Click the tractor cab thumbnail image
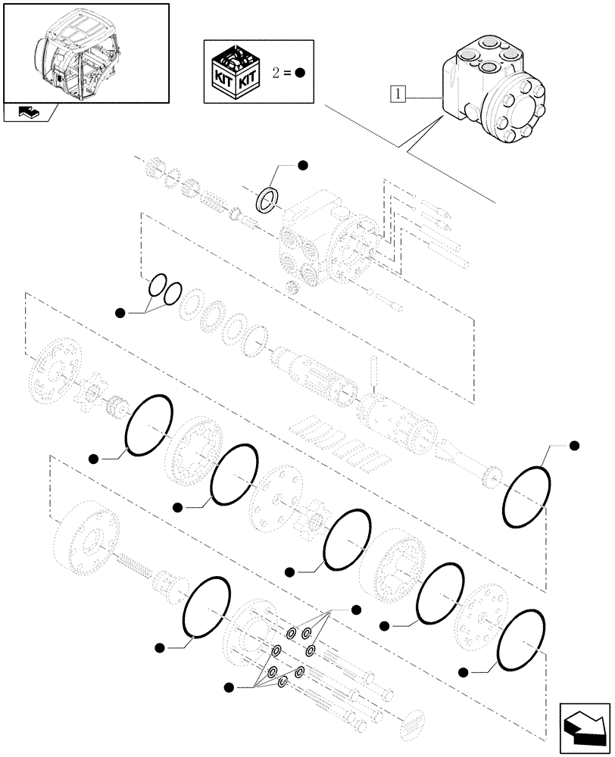pos(85,51)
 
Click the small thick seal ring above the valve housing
pos(264,200)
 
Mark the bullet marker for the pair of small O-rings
pos(120,312)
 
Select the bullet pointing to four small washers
pos(228,687)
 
